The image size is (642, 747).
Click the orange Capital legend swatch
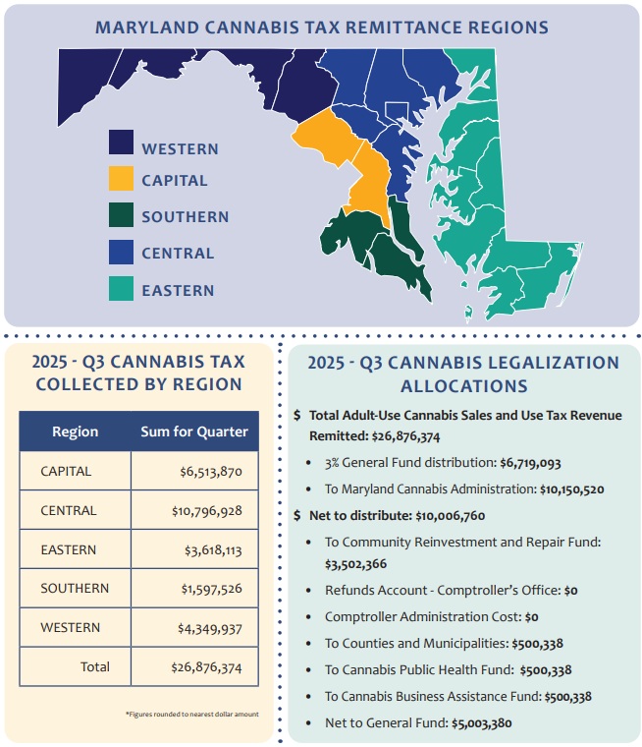tap(122, 179)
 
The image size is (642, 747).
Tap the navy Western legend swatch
tap(122, 144)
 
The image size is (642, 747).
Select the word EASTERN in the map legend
tap(178, 290)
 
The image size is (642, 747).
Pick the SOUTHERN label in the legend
tap(186, 217)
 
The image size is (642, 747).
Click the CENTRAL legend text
tap(178, 254)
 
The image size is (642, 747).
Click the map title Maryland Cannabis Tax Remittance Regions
tap(321, 27)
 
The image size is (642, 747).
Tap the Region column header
tap(75, 431)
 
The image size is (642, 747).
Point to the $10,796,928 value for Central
tap(203, 511)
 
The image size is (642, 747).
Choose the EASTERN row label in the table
tap(69, 549)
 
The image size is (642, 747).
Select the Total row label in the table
tap(95, 666)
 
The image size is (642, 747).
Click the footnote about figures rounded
tap(191, 714)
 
